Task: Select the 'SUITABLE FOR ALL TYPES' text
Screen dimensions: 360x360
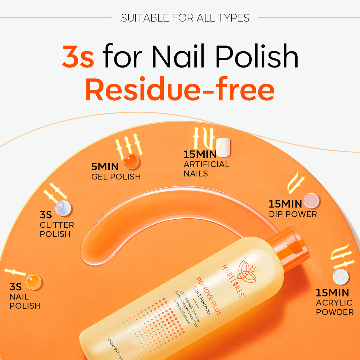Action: coord(185,18)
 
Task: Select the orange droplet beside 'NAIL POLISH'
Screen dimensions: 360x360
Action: coord(33,282)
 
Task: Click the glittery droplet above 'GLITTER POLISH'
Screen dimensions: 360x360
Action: coord(63,208)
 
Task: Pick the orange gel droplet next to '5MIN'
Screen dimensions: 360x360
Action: coord(131,161)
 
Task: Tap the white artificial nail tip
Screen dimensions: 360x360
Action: coord(223,147)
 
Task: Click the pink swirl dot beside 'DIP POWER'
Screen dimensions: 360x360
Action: coord(311,201)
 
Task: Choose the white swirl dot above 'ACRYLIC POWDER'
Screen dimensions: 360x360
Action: coord(341,277)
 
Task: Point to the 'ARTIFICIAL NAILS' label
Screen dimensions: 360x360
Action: coord(206,169)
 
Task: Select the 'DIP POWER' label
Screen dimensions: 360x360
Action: coord(292,214)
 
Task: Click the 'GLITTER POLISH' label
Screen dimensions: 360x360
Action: coord(57,229)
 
